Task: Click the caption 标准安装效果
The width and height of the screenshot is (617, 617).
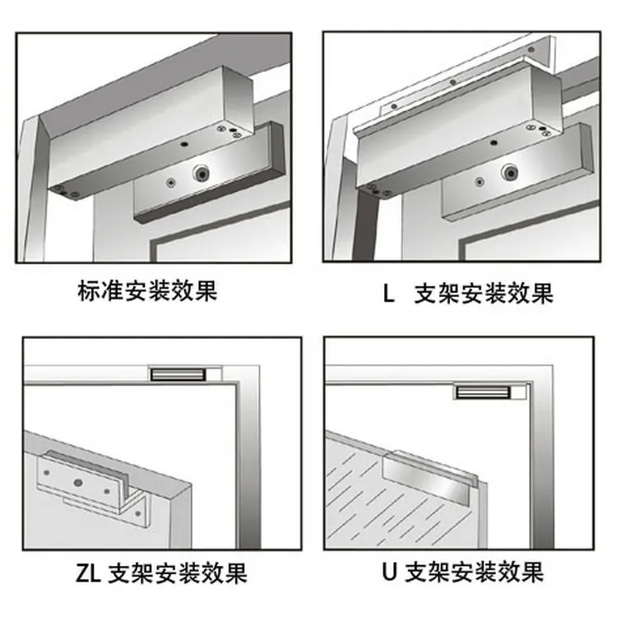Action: coord(147,291)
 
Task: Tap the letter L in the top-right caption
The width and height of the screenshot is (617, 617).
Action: coord(388,293)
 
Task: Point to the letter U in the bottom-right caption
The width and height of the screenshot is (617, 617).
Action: coord(389,572)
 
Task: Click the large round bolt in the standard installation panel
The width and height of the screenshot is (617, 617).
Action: coord(202,173)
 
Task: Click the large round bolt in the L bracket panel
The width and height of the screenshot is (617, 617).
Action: coord(510,173)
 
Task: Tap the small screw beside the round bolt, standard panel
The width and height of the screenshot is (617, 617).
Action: coord(170,182)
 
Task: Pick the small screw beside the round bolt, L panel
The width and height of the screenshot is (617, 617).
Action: coord(480,182)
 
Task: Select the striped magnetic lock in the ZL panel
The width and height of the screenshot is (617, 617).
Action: coord(178,374)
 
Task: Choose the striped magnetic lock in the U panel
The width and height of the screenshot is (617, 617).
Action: coord(483,392)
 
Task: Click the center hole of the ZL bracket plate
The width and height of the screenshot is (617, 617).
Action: coord(78,482)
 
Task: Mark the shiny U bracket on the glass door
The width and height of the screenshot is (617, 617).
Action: coord(429,478)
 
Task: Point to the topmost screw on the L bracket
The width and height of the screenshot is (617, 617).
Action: coord(531,49)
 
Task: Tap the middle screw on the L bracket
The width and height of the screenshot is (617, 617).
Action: coord(453,82)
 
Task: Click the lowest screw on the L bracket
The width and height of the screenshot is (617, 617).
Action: coord(394,106)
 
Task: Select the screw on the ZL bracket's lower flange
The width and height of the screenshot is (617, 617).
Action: coord(137,513)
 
